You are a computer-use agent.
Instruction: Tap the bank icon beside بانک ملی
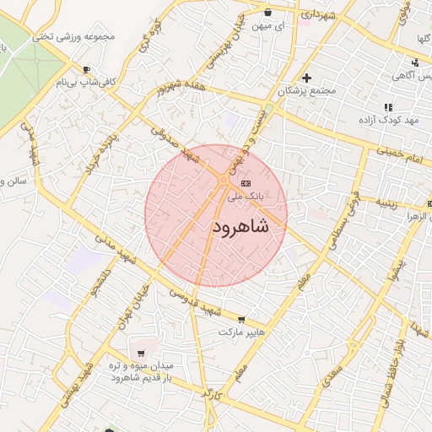[x=246, y=182]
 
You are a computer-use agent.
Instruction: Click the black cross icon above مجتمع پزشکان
[x=306, y=78]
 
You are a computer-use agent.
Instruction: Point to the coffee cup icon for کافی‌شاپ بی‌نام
[x=86, y=69]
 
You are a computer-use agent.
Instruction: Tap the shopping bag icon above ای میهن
[x=268, y=13]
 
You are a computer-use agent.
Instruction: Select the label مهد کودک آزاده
[x=387, y=121]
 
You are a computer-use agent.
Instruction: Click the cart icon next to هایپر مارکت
[x=242, y=319]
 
